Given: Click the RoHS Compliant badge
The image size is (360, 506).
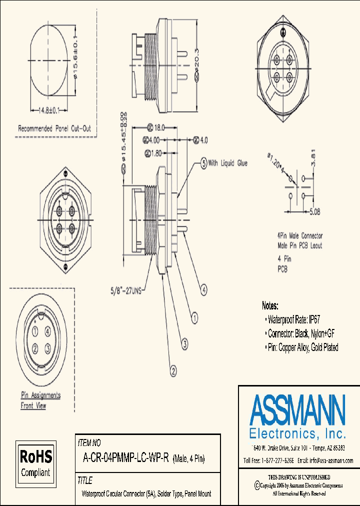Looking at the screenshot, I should [x=35, y=463].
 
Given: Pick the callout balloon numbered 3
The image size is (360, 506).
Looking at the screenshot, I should [x=184, y=343].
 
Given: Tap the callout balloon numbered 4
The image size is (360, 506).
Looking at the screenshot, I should [x=204, y=288].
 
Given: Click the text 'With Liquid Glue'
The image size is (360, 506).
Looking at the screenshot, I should [x=227, y=163].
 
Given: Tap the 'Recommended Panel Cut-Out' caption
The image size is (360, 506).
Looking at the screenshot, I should [x=55, y=128].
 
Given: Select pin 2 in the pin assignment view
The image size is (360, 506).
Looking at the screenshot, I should [x=35, y=348].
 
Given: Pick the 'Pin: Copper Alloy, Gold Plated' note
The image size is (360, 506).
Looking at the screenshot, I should [x=303, y=347].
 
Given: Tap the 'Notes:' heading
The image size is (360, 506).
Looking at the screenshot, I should [x=270, y=305].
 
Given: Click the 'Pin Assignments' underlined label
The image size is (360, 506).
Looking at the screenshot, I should [x=40, y=395].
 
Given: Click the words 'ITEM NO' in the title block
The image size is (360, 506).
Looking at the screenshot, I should [x=89, y=443].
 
